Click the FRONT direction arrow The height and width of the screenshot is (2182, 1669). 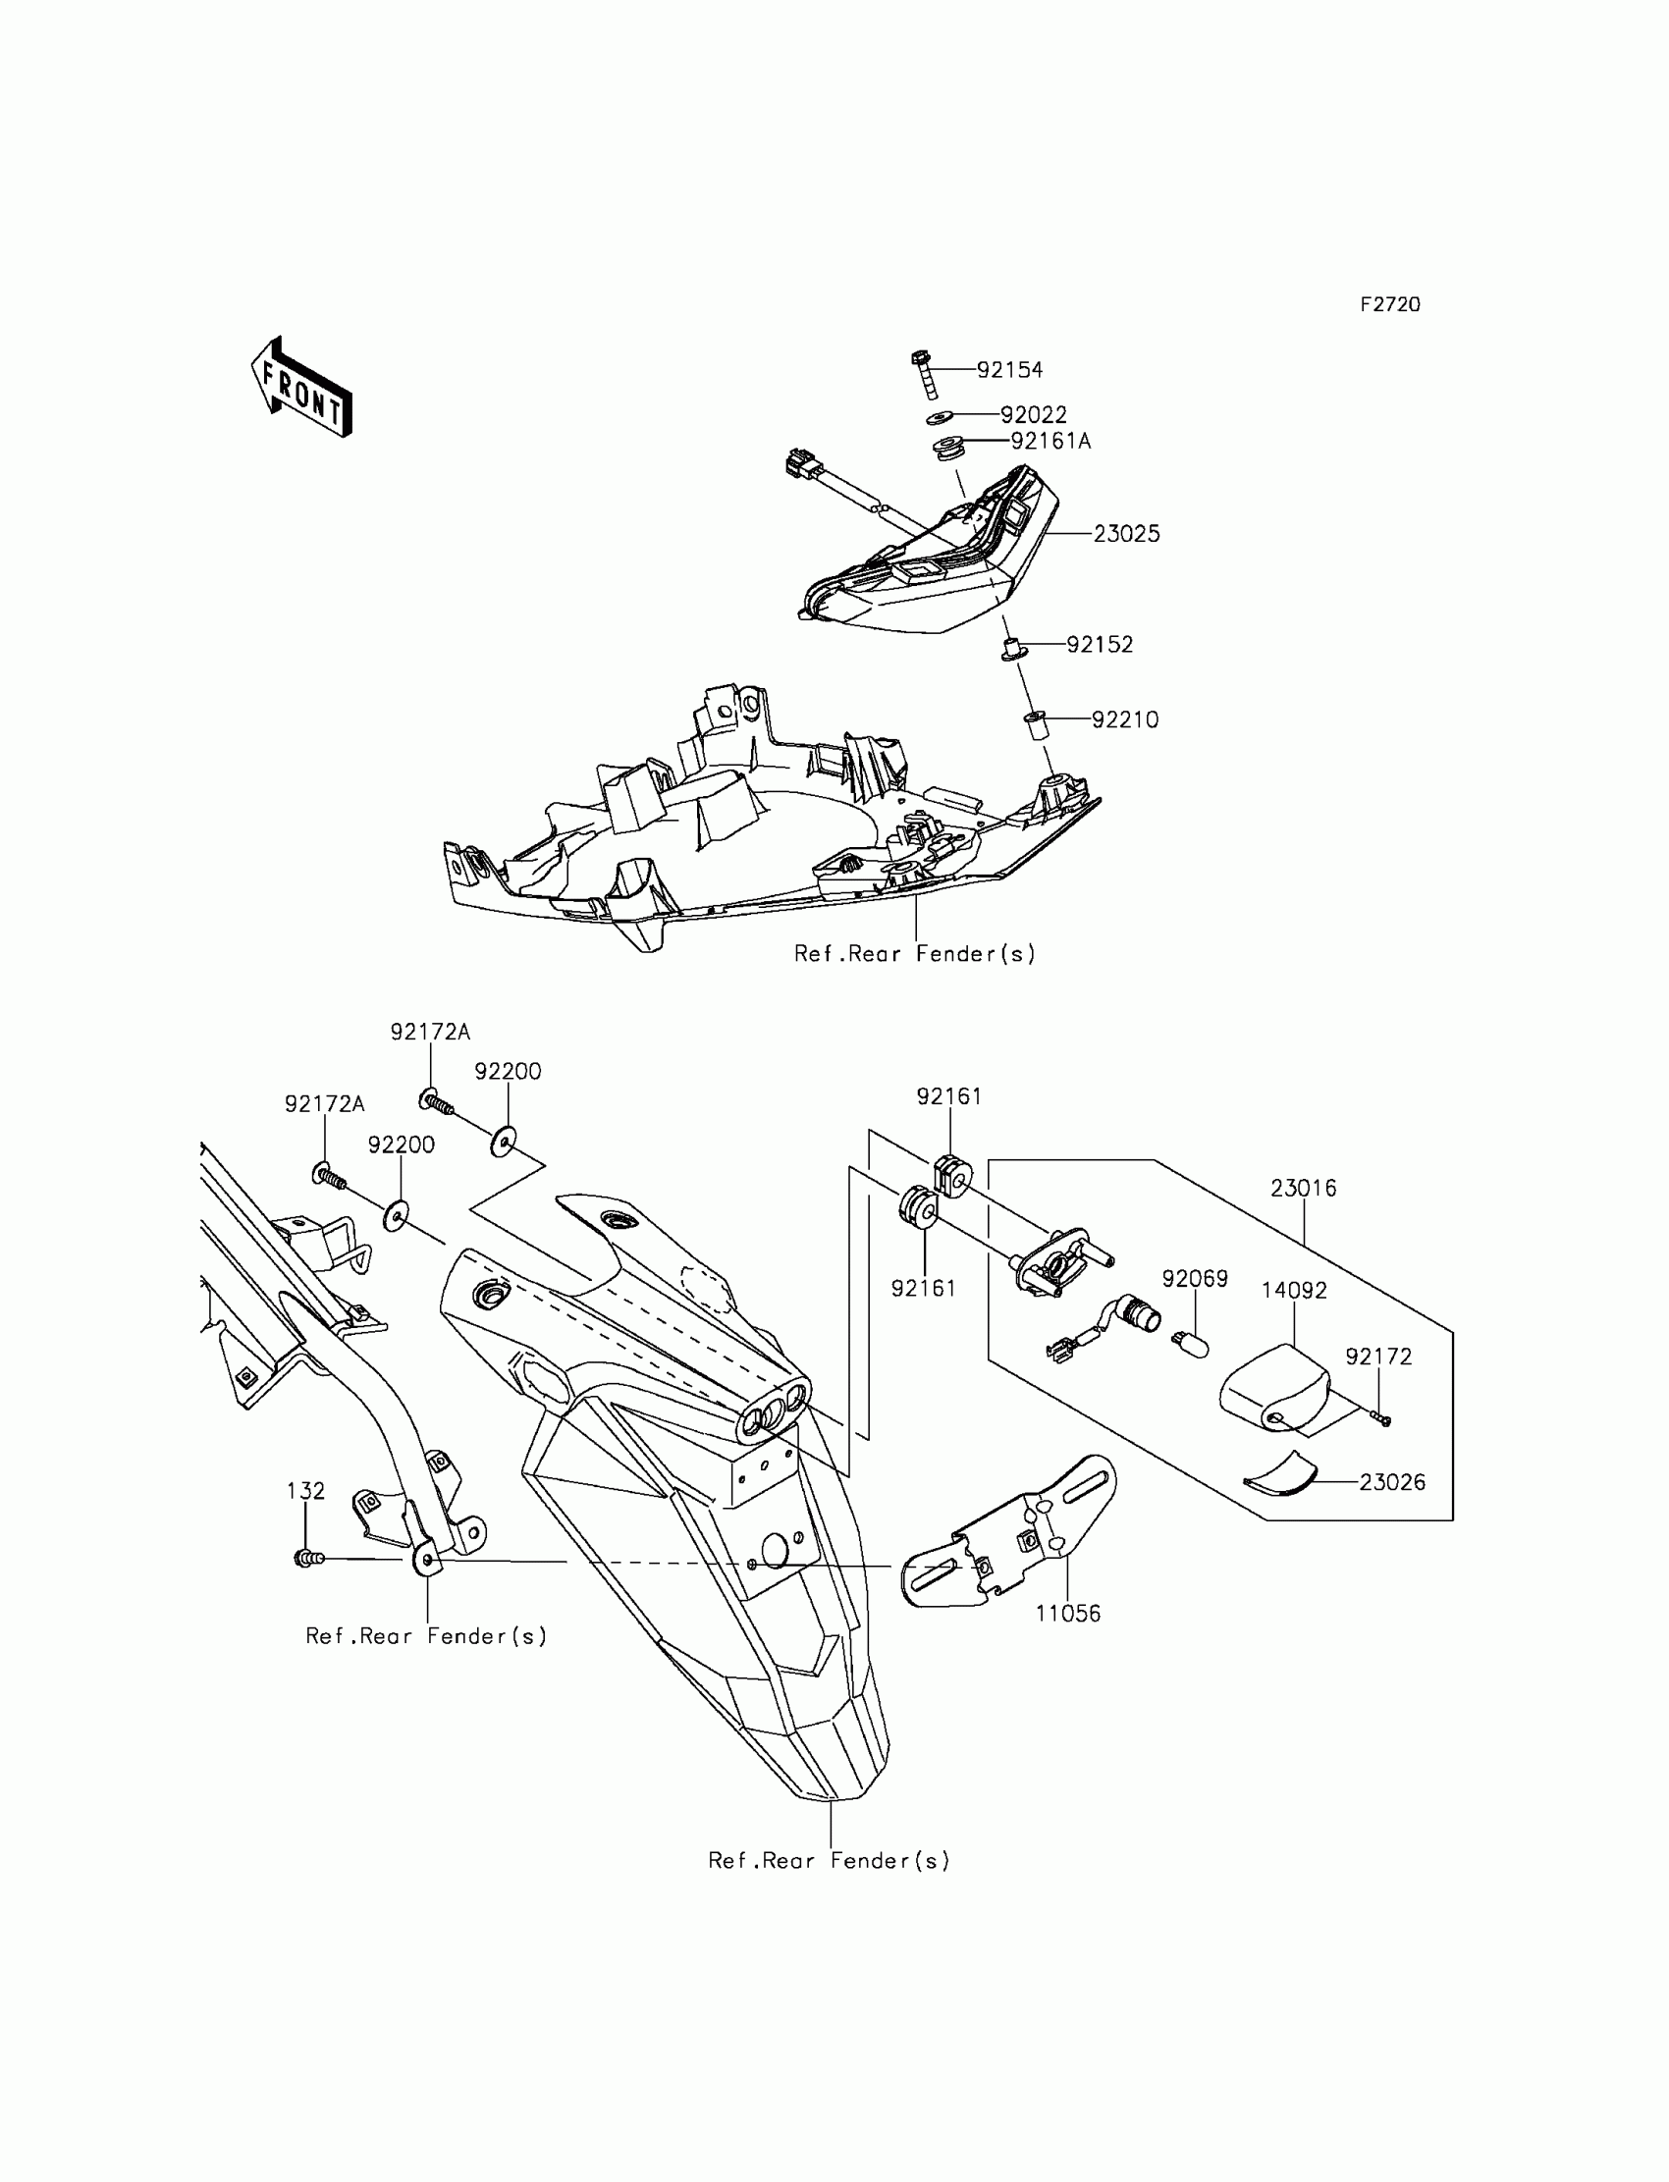coord(301,389)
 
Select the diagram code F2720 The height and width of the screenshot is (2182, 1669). coord(1390,305)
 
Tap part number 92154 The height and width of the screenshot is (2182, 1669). coord(1009,370)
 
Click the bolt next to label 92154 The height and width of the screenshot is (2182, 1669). coord(922,373)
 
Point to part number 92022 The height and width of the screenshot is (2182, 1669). coord(1033,415)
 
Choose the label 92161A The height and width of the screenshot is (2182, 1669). coord(1051,441)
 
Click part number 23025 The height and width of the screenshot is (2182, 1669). coord(1127,534)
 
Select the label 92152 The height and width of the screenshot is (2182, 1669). coord(1100,645)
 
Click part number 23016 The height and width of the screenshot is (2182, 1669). coord(1304,1188)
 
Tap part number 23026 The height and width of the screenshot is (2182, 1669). coord(1392,1483)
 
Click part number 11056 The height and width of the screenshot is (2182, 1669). coord(1068,1614)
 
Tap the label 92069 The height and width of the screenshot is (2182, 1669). coord(1195,1279)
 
